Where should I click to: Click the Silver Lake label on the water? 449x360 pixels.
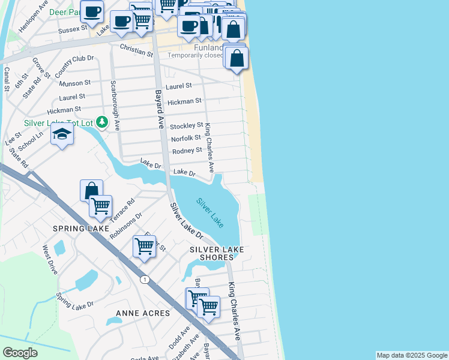(x=210, y=213)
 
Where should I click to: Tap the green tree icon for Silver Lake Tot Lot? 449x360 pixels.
(x=102, y=123)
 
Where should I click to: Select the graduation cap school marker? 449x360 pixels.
(x=62, y=134)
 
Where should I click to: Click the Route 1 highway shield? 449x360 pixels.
(x=145, y=279)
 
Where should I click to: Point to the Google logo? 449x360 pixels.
(x=20, y=353)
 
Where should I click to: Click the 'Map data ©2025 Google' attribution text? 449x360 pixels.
(x=412, y=355)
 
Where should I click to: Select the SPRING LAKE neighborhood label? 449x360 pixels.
(x=81, y=229)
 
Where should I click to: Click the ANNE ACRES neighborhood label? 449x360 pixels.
(x=143, y=313)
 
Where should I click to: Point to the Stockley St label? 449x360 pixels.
(x=186, y=125)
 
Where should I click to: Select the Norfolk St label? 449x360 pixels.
(x=186, y=138)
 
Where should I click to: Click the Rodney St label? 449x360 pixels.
(x=187, y=151)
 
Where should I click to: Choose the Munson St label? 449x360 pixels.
(x=75, y=82)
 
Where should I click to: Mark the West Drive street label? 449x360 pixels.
(x=49, y=259)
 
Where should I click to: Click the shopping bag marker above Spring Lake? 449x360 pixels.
(x=91, y=190)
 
